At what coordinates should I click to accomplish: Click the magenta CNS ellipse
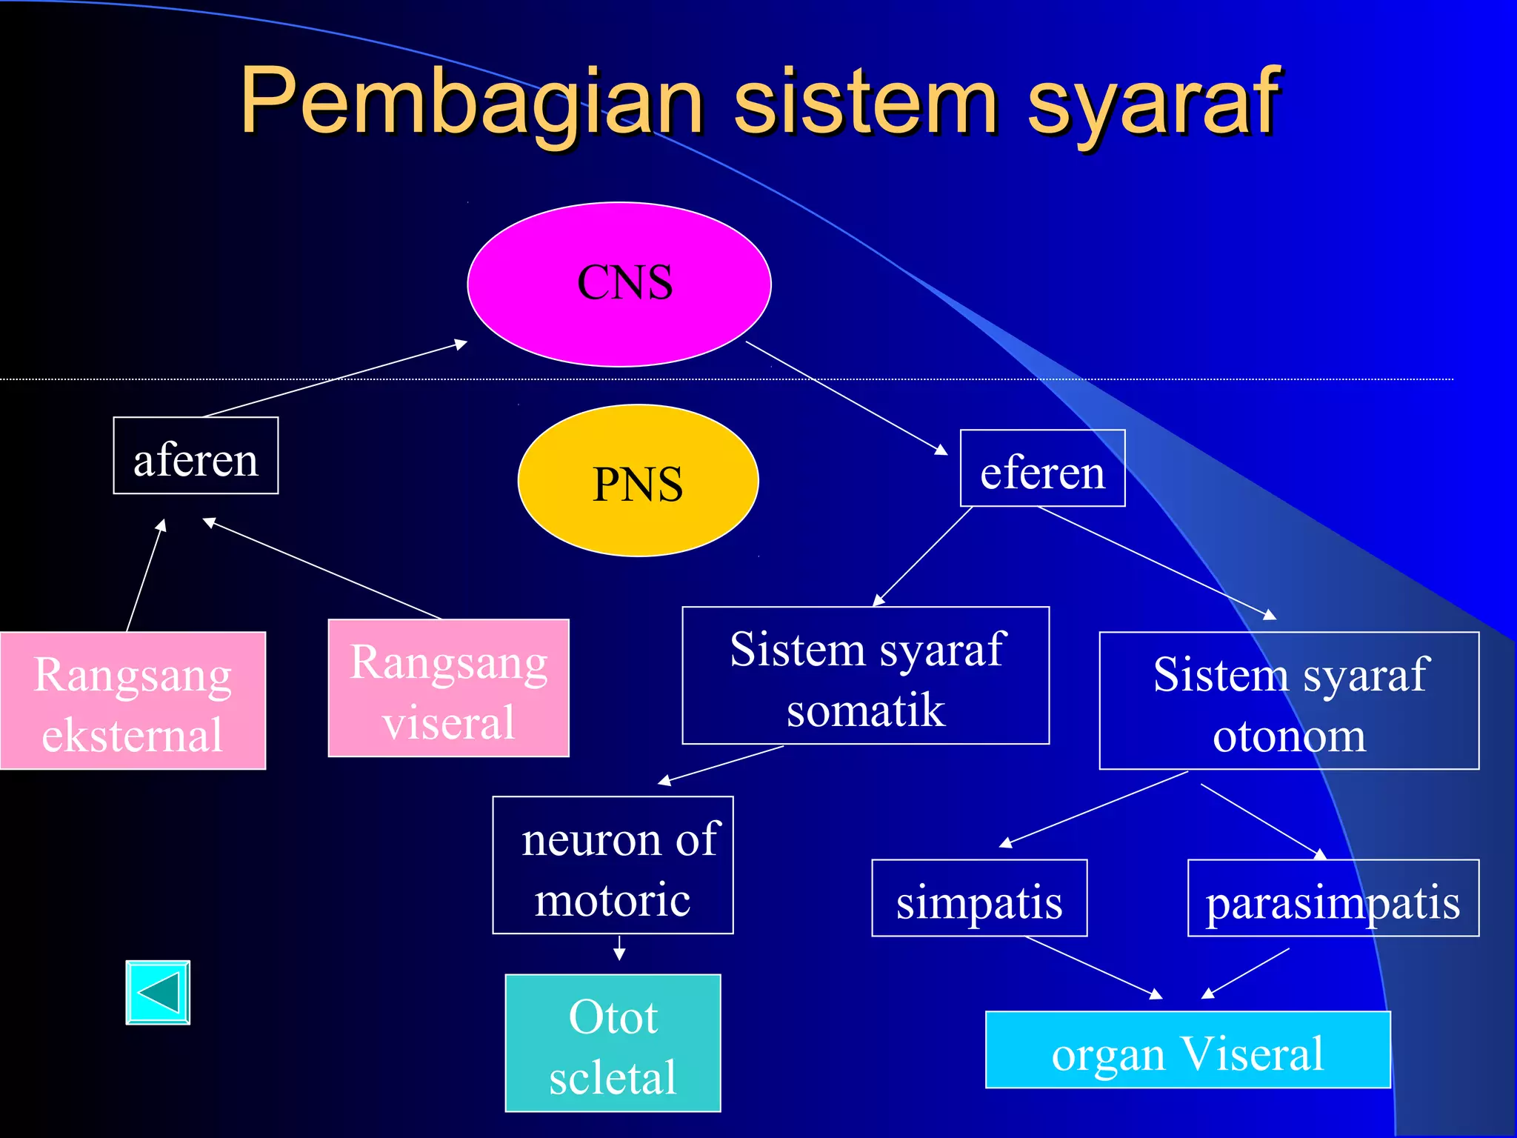coord(619,284)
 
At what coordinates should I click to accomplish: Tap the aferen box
coord(196,456)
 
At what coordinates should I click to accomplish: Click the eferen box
coord(1042,468)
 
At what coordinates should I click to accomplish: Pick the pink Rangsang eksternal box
coord(133,701)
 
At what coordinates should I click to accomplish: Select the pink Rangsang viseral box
coord(448,688)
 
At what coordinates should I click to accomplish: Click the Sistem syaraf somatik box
coord(865,676)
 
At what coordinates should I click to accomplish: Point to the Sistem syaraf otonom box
coord(1289,701)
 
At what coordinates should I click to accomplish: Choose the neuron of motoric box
coord(613,865)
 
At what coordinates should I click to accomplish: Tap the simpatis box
coord(979,899)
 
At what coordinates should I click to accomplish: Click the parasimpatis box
coord(1333,899)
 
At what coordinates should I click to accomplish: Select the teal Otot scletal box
coord(613,1043)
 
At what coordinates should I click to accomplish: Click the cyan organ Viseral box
coord(1187,1050)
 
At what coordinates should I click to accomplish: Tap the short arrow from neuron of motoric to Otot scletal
coord(619,948)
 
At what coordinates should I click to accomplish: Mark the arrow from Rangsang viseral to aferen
coord(322,569)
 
